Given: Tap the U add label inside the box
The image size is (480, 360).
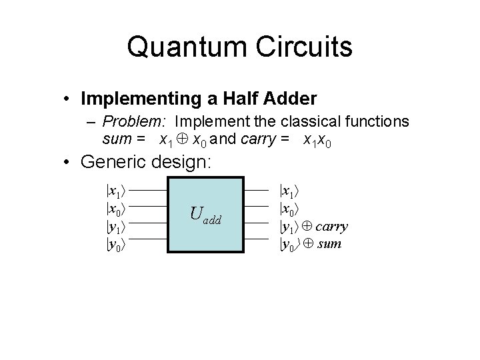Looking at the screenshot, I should [205, 214].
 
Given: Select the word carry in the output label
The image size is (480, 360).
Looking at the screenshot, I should [331, 226].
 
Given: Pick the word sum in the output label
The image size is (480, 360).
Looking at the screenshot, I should [330, 243].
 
